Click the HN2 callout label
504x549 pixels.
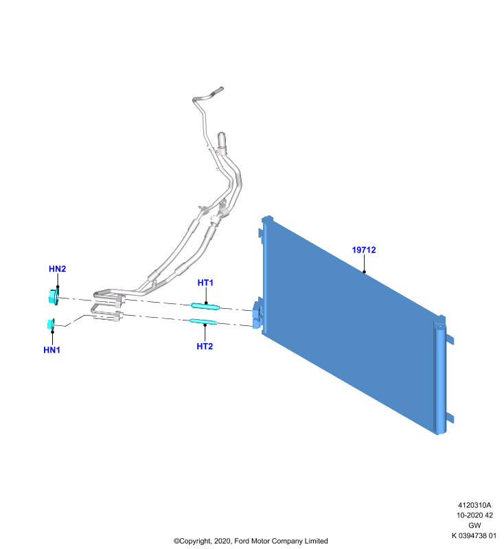tap(58, 268)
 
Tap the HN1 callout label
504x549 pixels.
tap(51, 350)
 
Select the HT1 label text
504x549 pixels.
tap(205, 283)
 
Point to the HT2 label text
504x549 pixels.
tap(205, 347)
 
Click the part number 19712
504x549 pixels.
tap(364, 250)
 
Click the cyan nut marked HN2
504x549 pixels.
tap(54, 297)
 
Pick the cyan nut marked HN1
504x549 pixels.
tap(51, 324)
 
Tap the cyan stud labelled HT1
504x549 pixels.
tap(205, 306)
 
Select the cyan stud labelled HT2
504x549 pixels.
tap(203, 321)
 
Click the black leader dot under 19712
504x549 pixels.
tap(364, 272)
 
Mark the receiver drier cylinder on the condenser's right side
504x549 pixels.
tap(440, 379)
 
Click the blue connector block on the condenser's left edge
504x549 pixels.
tap(257, 314)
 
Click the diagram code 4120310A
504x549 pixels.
tap(474, 505)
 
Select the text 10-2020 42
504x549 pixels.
tap(474, 515)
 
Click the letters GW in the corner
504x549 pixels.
tap(474, 525)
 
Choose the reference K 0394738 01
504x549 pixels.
tap(474, 535)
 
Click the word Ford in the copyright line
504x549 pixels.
tap(240, 541)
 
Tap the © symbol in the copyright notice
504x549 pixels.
tap(176, 541)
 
